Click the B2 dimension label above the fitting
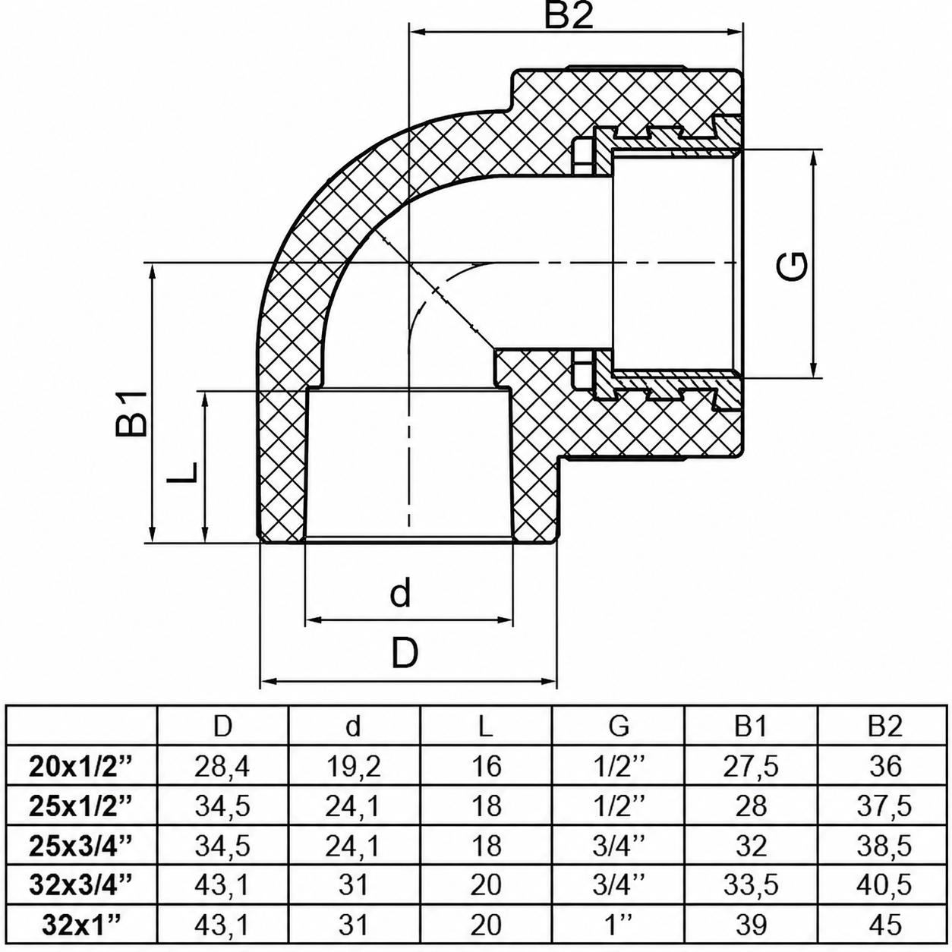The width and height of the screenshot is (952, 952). pyautogui.click(x=568, y=16)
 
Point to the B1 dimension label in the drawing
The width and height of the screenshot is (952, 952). pyautogui.click(x=131, y=413)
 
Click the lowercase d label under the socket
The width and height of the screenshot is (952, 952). pyautogui.click(x=400, y=594)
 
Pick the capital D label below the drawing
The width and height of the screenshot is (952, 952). pyautogui.click(x=405, y=653)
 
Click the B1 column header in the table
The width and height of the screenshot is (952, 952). pyautogui.click(x=751, y=727)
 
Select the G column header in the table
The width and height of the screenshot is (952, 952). pyautogui.click(x=619, y=727)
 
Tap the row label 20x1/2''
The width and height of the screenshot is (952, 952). pyautogui.click(x=81, y=766)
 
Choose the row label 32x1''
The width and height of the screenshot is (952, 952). pyautogui.click(x=81, y=924)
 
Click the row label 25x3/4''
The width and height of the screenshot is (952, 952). pyautogui.click(x=81, y=845)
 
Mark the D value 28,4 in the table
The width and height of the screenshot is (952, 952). pyautogui.click(x=222, y=767)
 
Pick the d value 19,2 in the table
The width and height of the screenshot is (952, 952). pyautogui.click(x=353, y=767)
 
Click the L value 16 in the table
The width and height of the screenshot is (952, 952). pyautogui.click(x=486, y=766)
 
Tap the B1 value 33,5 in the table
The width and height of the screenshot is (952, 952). pyautogui.click(x=751, y=885)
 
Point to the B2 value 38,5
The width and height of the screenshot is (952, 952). pyautogui.click(x=884, y=846)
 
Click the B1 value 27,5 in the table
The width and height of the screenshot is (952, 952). pyautogui.click(x=751, y=767)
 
